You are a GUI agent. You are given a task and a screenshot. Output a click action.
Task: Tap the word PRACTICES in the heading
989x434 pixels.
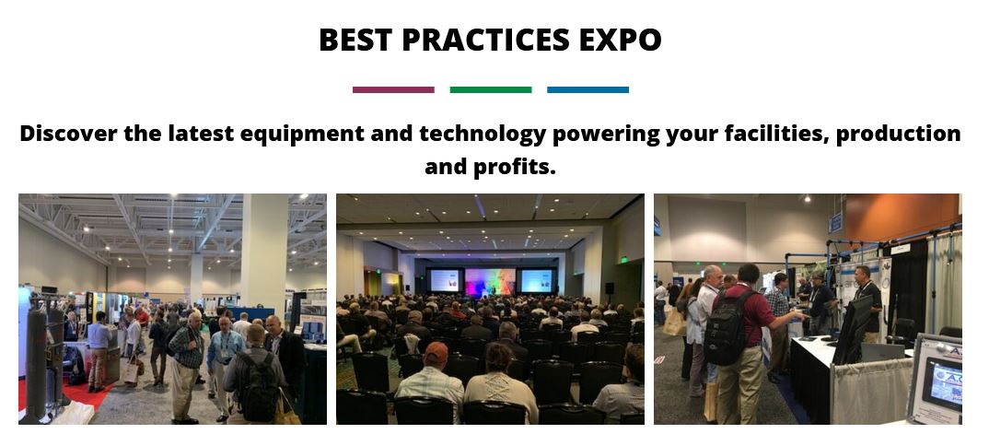(x=485, y=39)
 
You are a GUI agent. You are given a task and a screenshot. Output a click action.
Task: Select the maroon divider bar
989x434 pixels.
(x=393, y=89)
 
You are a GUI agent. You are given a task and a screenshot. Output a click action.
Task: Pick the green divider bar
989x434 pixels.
(x=491, y=89)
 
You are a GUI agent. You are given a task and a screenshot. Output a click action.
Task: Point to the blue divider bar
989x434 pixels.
(x=588, y=89)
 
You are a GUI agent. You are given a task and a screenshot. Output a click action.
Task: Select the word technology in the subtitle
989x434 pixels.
(x=482, y=134)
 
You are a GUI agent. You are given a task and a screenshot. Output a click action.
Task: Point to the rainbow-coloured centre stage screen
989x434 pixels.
(x=490, y=281)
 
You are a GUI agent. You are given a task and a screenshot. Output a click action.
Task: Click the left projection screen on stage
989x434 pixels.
(x=445, y=280)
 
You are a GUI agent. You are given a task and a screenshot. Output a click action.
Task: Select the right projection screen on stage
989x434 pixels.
(x=537, y=280)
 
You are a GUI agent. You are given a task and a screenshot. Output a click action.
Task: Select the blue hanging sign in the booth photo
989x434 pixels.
(x=836, y=223)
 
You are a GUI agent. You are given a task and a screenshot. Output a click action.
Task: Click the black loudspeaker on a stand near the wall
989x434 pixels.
(x=610, y=288)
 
